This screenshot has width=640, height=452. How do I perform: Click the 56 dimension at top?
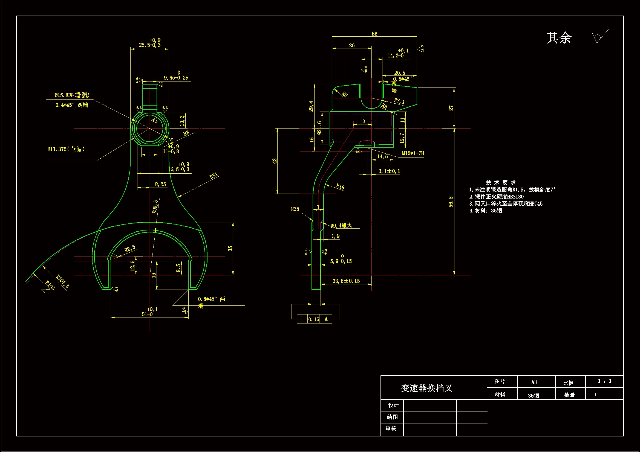[374, 34]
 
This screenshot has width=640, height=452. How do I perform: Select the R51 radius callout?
[214, 176]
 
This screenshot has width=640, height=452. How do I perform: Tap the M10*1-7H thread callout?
[413, 153]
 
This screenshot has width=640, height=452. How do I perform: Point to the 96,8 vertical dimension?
[451, 202]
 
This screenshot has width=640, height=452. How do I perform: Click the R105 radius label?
[50, 285]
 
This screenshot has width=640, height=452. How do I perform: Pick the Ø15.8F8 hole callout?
[72, 95]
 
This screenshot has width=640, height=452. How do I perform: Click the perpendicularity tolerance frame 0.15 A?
[314, 319]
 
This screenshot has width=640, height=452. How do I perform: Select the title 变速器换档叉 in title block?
[426, 388]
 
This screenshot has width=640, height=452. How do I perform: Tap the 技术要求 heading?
[501, 182]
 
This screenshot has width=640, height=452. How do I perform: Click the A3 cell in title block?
[534, 382]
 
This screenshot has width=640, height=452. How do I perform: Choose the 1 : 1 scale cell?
[604, 381]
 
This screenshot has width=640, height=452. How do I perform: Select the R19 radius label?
[340, 186]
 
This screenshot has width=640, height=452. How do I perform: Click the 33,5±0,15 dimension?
[346, 281]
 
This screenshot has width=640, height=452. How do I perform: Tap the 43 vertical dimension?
[275, 161]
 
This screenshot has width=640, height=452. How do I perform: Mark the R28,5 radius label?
[155, 206]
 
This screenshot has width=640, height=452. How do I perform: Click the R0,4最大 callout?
[341, 225]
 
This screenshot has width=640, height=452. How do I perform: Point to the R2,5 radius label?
[130, 248]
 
